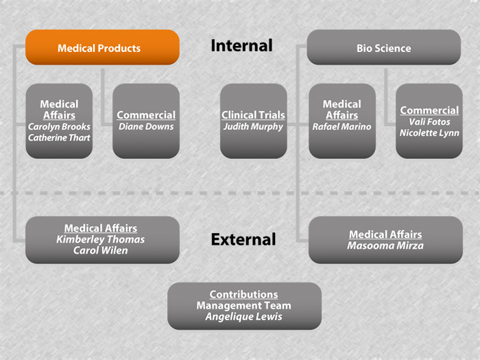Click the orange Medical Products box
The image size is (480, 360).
102,48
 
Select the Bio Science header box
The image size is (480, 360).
384,48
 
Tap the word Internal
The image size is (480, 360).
241,46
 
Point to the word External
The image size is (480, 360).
243,239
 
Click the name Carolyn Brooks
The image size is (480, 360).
59,127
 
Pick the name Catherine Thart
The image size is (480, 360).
59,138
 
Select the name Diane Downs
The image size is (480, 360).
146,126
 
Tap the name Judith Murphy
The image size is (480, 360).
253,126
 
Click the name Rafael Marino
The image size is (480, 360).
341,126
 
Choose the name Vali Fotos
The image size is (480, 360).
429,121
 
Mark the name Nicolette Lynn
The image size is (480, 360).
429,132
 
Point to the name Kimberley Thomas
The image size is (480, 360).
101,239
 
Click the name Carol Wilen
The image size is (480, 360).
101,250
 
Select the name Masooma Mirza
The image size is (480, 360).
385,245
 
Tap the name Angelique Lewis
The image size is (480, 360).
244,317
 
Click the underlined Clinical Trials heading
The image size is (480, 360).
253,115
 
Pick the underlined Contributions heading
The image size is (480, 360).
244,294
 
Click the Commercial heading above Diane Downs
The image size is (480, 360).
146,115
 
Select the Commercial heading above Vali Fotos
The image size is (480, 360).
429,110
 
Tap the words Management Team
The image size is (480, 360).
244,305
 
